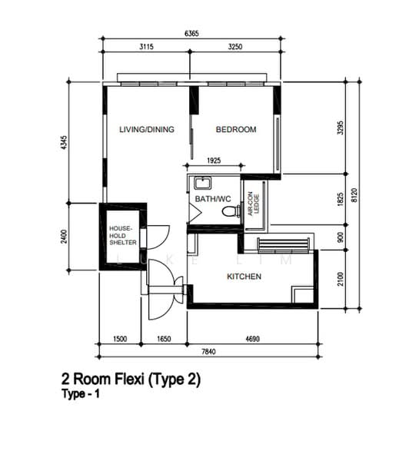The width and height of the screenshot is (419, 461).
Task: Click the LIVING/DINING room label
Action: click(147, 129)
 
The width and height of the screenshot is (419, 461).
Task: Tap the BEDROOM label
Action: click(236, 129)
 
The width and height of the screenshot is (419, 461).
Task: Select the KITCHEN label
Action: click(244, 277)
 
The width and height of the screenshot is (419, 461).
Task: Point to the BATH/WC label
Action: click(213, 199)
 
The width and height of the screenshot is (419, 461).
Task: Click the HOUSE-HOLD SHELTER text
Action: click(123, 236)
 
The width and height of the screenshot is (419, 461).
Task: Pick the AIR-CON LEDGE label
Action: click(253, 204)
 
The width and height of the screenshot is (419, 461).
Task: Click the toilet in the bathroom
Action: click(231, 211)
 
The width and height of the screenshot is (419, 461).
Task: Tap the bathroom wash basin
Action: click(202, 183)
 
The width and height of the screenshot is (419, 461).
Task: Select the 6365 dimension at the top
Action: click(191, 34)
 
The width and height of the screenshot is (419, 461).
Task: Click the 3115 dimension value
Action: click(146, 47)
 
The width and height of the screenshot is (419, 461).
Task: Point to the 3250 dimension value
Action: click(235, 47)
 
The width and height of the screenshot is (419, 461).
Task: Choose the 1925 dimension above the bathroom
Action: click(214, 161)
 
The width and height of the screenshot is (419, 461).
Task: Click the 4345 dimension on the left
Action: click(64, 143)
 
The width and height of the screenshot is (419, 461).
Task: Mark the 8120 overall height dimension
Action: click(354, 195)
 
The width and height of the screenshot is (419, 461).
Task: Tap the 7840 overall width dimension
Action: click(208, 352)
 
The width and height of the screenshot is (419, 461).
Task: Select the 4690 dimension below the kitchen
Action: click(252, 339)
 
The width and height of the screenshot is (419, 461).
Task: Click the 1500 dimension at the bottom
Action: click(120, 339)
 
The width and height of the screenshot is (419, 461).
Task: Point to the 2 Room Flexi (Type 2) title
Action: click(131, 380)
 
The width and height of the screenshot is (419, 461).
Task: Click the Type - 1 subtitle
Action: click(81, 394)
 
